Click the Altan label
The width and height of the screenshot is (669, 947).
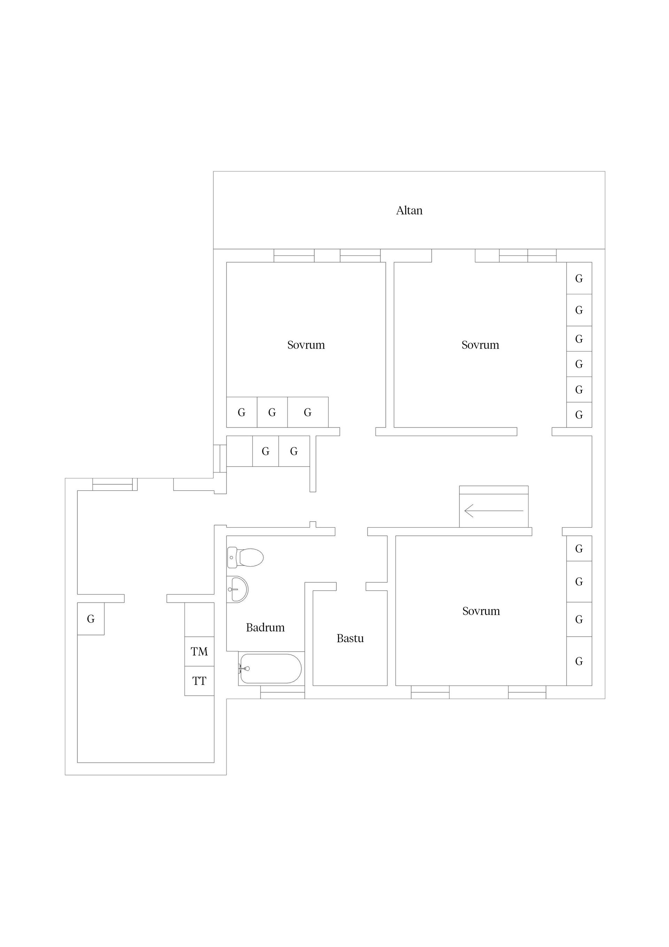tap(409, 210)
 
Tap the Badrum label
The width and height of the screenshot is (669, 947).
tap(265, 627)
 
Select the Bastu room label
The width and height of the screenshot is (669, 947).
tap(350, 638)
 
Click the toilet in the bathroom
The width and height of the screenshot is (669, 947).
tap(245, 558)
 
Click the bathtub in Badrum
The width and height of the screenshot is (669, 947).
tap(270, 669)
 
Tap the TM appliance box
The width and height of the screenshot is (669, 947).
tap(199, 651)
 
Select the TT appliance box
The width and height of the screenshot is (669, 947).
tap(199, 681)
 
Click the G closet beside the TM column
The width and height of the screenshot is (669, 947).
tap(91, 619)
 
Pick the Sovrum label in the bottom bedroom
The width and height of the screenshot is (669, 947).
tap(481, 611)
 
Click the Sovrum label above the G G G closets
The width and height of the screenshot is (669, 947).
tap(306, 345)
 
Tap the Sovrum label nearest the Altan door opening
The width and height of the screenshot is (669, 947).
tap(480, 345)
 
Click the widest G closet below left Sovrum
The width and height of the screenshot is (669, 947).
tap(308, 412)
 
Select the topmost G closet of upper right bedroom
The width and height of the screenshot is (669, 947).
tap(579, 278)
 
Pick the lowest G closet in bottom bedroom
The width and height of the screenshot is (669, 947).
tap(579, 661)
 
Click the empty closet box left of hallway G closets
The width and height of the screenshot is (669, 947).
tap(239, 451)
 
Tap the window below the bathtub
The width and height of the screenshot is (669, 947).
tap(282, 692)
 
